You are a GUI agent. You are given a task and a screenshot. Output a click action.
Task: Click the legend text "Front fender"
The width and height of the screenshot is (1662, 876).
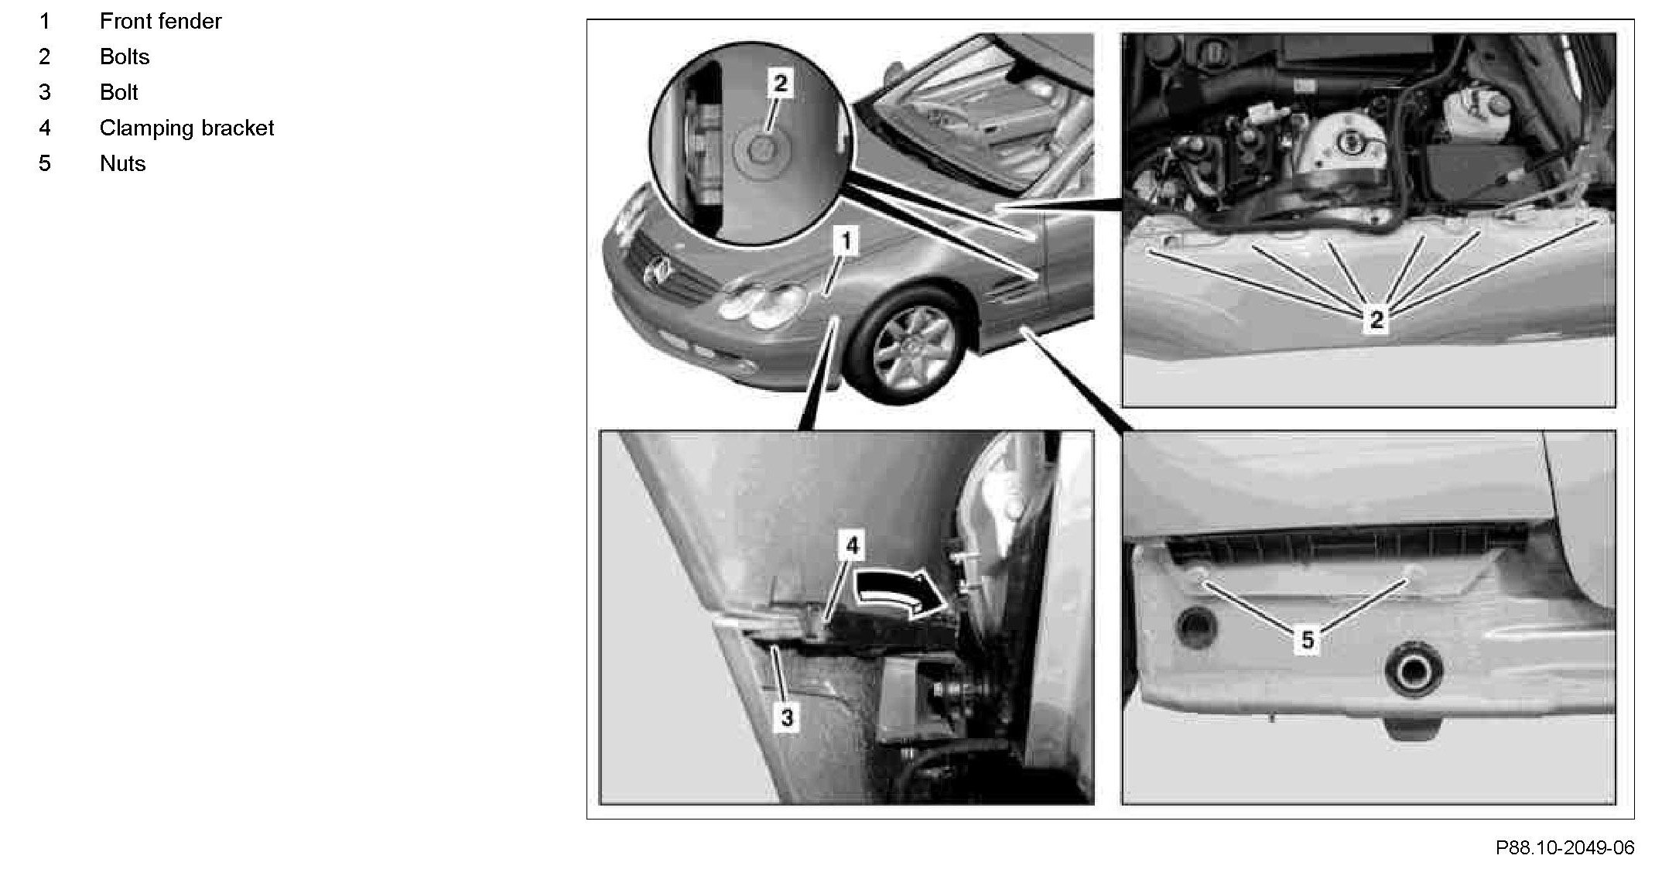tap(160, 21)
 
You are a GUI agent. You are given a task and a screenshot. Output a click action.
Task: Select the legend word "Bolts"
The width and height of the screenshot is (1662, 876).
tap(125, 56)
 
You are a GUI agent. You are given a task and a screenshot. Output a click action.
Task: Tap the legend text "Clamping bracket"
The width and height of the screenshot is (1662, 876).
tap(186, 128)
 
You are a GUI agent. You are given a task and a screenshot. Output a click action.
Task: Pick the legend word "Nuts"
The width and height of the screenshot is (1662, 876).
tap(123, 163)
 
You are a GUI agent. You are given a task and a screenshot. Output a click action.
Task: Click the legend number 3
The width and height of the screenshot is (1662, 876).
tap(45, 92)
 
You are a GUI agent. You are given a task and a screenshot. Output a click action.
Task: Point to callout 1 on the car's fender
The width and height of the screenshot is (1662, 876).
tap(846, 241)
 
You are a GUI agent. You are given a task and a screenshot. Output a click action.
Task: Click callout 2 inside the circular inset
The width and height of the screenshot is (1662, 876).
tap(780, 83)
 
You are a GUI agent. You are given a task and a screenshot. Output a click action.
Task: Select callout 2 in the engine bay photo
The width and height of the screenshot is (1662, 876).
tap(1376, 320)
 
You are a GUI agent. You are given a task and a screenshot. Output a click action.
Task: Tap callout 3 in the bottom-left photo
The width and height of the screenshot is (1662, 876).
tap(787, 717)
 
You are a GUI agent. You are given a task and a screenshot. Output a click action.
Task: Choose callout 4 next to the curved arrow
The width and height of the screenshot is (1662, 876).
tap(852, 546)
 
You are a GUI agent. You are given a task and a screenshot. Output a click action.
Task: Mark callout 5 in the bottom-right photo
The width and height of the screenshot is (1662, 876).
tap(1308, 640)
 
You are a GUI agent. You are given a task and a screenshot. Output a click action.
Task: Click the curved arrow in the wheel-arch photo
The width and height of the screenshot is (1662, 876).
tap(901, 593)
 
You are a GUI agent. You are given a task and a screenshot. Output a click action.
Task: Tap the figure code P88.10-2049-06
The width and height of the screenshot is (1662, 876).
tap(1565, 848)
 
